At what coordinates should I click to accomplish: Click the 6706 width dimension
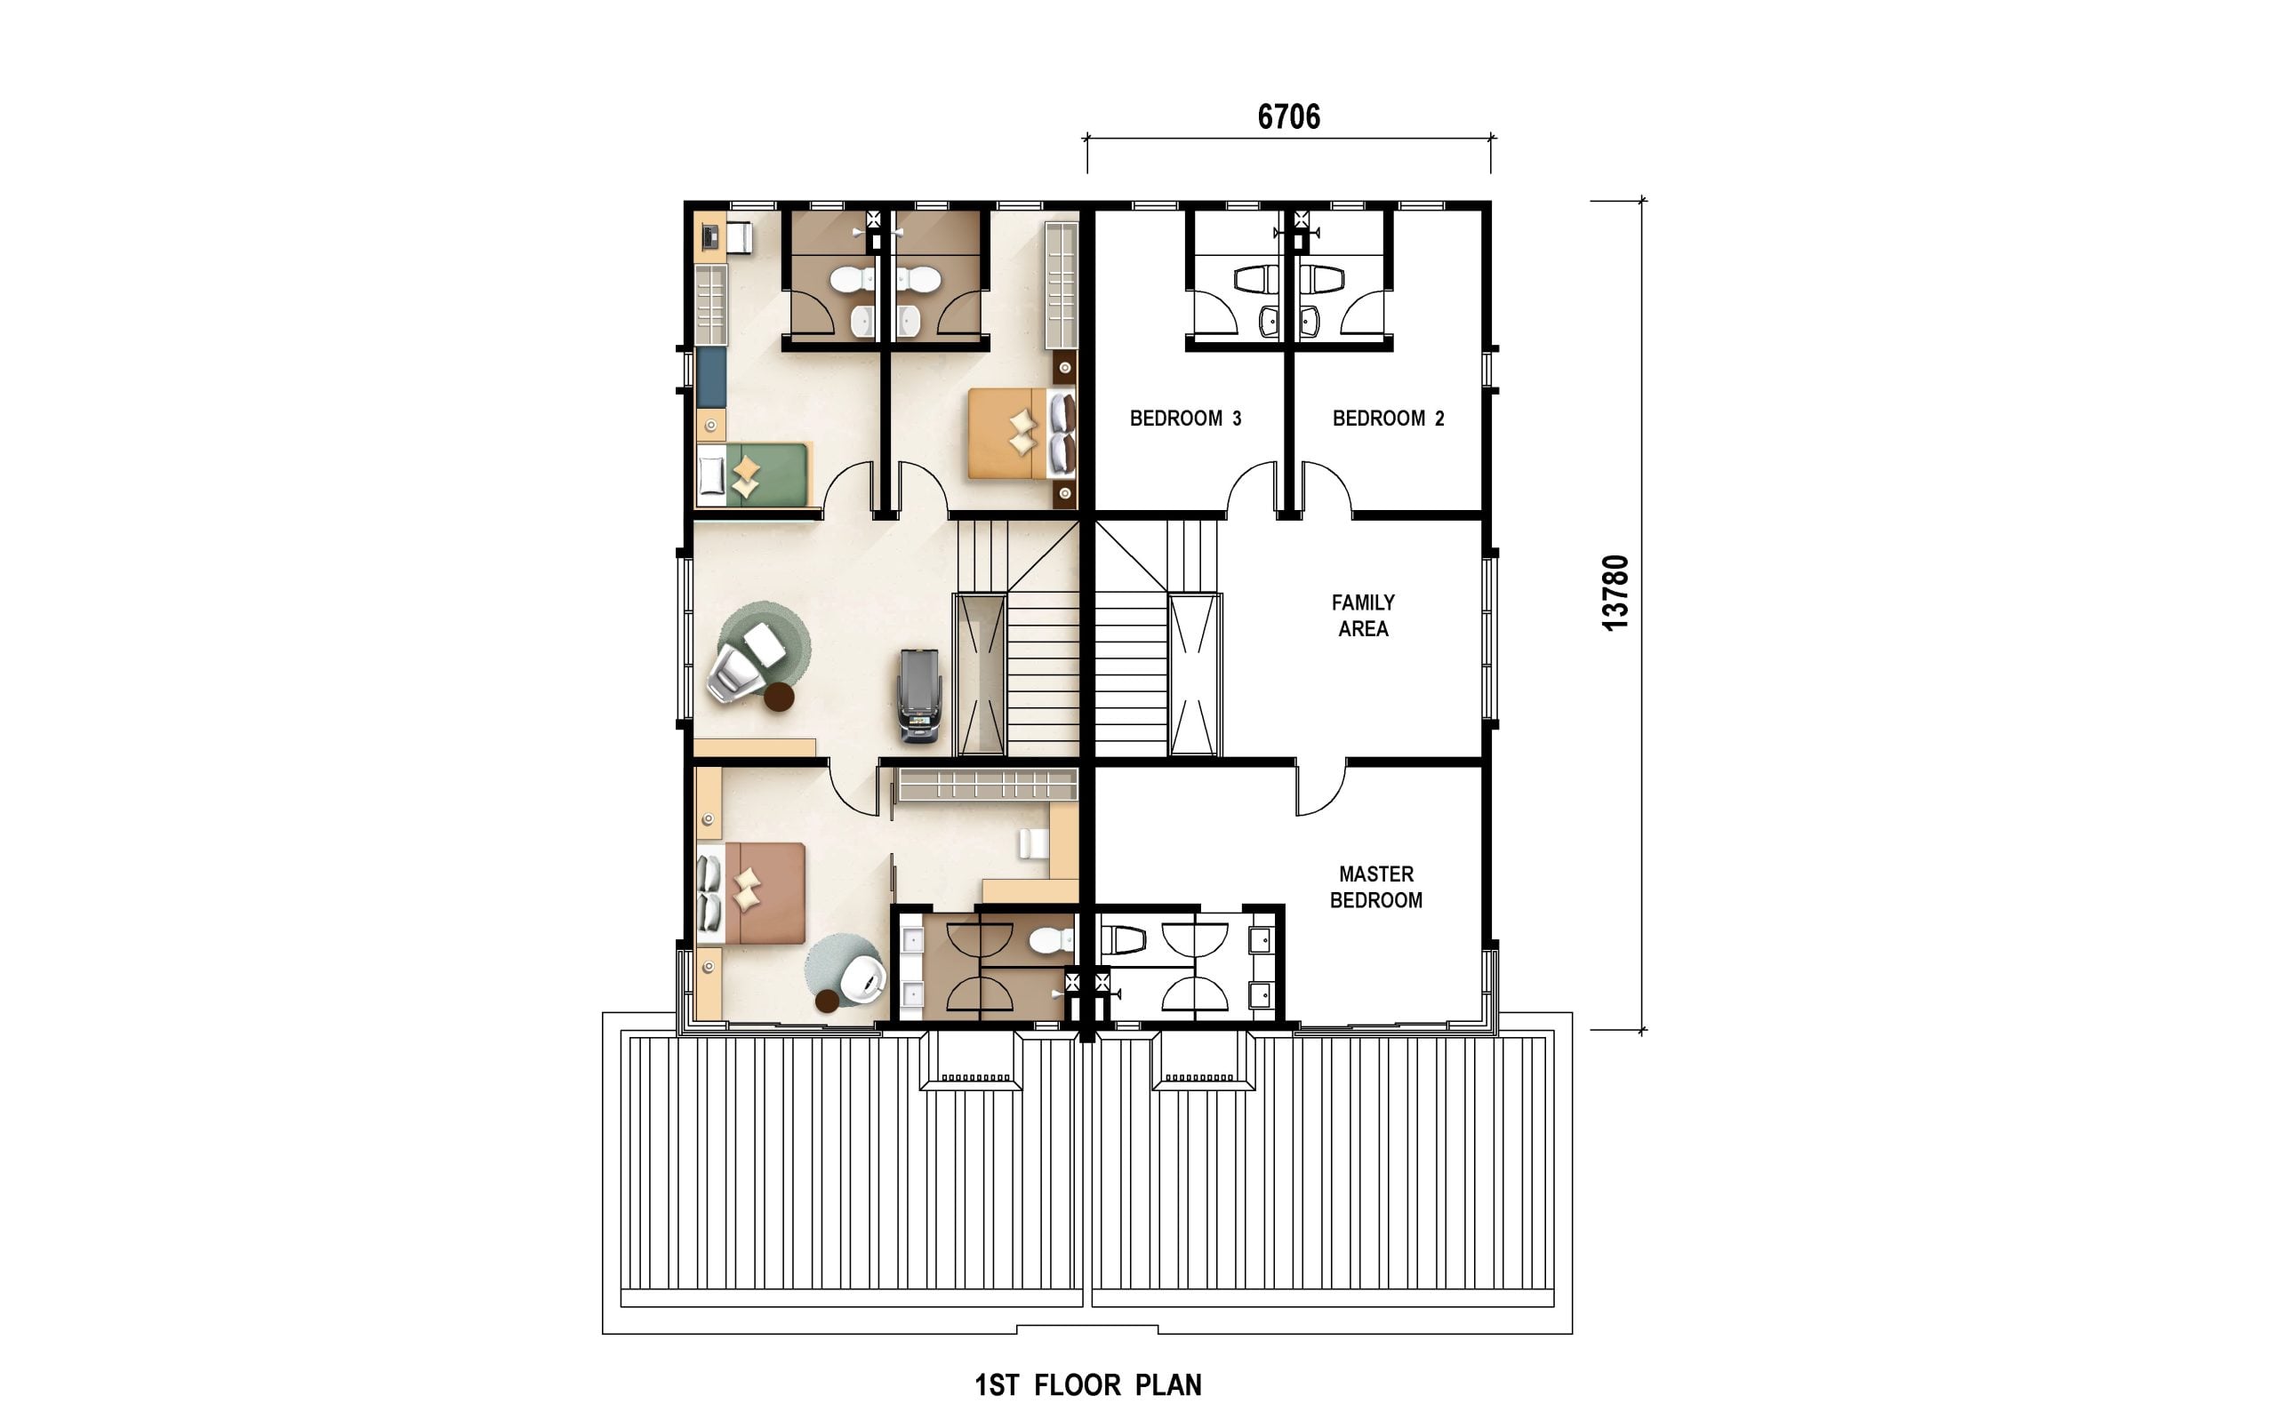click(x=1288, y=117)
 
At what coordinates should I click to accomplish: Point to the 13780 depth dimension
click(x=1615, y=593)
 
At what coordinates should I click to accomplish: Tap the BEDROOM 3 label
click(x=1185, y=419)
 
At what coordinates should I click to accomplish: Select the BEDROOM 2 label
click(x=1388, y=419)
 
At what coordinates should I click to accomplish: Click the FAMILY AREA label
click(x=1363, y=616)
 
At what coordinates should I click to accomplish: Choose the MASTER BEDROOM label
click(x=1375, y=887)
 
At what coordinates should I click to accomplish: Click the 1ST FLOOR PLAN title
click(x=1088, y=1384)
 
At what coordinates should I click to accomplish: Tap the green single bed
click(x=754, y=475)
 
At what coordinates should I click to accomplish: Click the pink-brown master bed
click(x=750, y=893)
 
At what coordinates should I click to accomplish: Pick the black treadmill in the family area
click(x=919, y=696)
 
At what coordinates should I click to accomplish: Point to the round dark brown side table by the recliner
click(x=779, y=697)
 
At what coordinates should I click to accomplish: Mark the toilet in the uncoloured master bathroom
click(x=1122, y=940)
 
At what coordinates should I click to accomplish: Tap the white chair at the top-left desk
click(x=739, y=238)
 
